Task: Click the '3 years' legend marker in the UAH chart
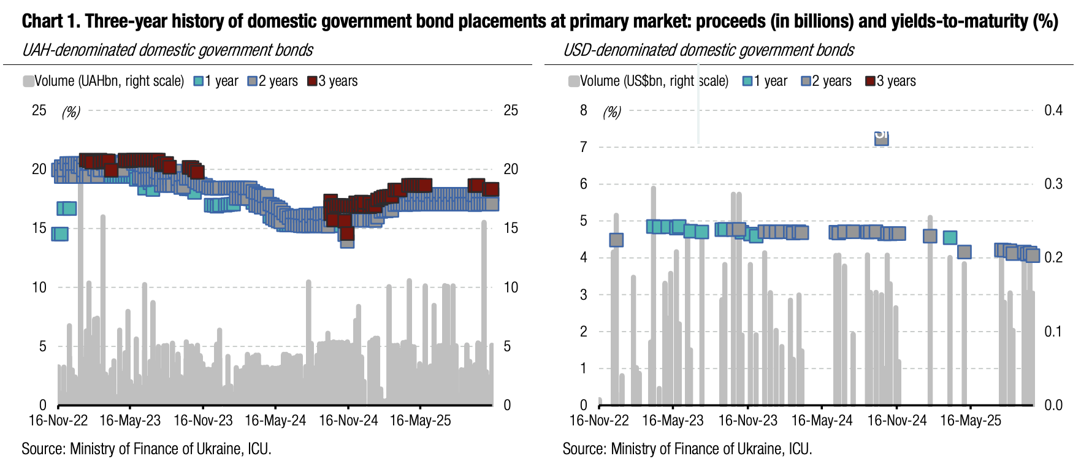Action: click(x=312, y=82)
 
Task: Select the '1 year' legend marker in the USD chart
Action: click(x=747, y=82)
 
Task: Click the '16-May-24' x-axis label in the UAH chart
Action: click(x=275, y=421)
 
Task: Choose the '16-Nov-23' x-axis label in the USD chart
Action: click(x=747, y=421)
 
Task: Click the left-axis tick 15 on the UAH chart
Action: click(x=39, y=229)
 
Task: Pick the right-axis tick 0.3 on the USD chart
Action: click(x=1053, y=184)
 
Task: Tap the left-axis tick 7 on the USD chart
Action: click(x=583, y=147)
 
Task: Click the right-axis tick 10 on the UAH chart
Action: click(x=510, y=287)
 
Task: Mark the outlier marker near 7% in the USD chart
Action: click(x=881, y=137)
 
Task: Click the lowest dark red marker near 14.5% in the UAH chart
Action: click(x=347, y=233)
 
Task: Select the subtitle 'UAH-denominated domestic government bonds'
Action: click(x=167, y=50)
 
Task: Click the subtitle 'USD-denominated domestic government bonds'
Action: click(x=708, y=50)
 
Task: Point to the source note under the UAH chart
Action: click(x=147, y=449)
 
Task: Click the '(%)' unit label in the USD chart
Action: click(x=611, y=112)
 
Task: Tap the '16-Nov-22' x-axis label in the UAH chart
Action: click(x=58, y=421)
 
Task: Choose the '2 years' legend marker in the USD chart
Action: click(x=806, y=82)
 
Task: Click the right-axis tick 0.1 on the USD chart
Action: click(x=1053, y=332)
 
